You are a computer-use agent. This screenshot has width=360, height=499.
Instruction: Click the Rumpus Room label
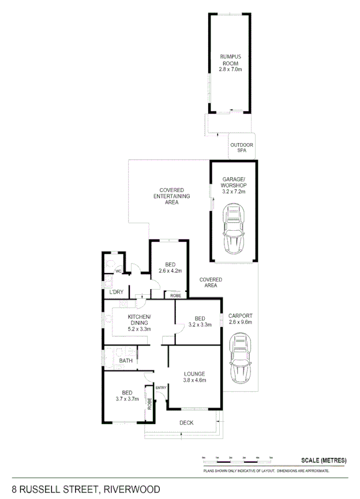230,59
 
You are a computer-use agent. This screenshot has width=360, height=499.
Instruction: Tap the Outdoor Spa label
242,147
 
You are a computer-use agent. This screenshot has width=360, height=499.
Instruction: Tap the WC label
118,271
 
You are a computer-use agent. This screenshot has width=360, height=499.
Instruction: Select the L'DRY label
117,292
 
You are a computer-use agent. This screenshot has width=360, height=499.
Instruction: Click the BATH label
126,361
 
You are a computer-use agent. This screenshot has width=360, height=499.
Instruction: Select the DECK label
186,423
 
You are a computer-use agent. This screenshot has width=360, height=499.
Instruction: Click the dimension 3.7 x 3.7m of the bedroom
127,399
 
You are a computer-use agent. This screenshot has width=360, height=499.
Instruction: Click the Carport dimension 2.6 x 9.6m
240,322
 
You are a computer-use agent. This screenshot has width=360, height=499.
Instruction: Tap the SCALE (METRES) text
324,460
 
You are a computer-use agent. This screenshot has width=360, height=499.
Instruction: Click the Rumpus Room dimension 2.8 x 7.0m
230,69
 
